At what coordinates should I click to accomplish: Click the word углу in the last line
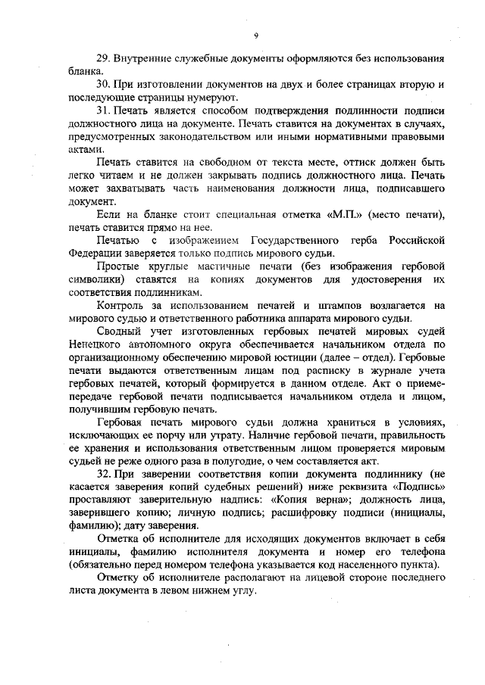click(x=246, y=590)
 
